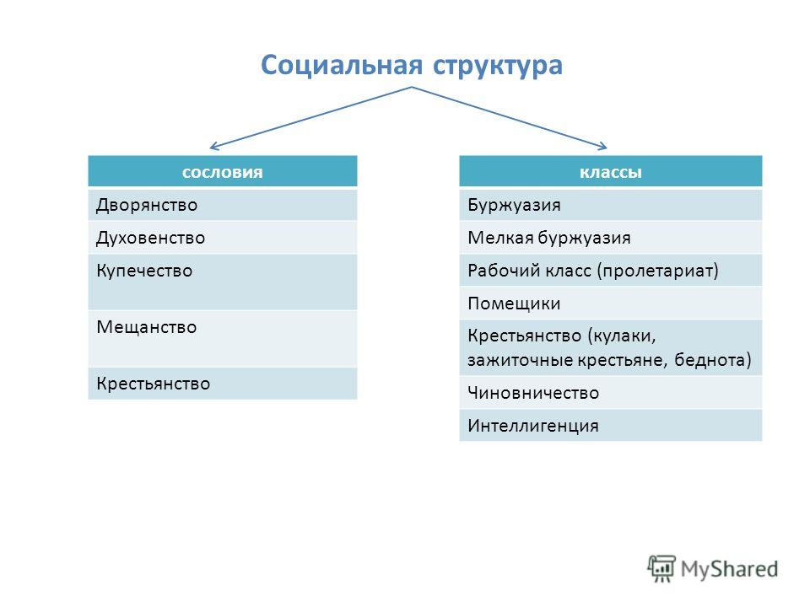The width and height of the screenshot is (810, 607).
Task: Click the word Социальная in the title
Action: (342, 66)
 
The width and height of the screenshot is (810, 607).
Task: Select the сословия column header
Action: (223, 172)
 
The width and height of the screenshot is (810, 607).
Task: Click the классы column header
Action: (611, 172)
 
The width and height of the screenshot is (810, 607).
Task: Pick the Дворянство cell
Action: (223, 205)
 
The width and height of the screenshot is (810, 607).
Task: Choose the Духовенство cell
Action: (223, 238)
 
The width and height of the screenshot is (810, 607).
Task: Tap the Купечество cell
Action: (223, 282)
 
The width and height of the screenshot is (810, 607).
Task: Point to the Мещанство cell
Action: (223, 339)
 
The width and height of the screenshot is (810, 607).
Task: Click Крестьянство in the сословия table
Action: (223, 384)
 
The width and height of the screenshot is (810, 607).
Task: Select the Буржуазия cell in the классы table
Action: (611, 205)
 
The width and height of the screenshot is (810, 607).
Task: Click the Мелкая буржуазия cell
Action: (611, 238)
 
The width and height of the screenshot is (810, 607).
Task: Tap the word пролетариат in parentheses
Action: (657, 271)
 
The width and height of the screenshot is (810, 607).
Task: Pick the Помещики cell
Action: (611, 303)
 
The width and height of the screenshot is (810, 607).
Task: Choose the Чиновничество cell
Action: (611, 393)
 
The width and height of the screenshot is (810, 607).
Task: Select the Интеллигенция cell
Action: (611, 425)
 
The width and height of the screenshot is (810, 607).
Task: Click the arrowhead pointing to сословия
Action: (213, 148)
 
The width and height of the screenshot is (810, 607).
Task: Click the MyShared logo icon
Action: (661, 568)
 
